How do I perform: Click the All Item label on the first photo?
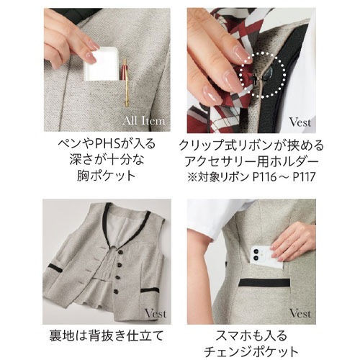(148, 120)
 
